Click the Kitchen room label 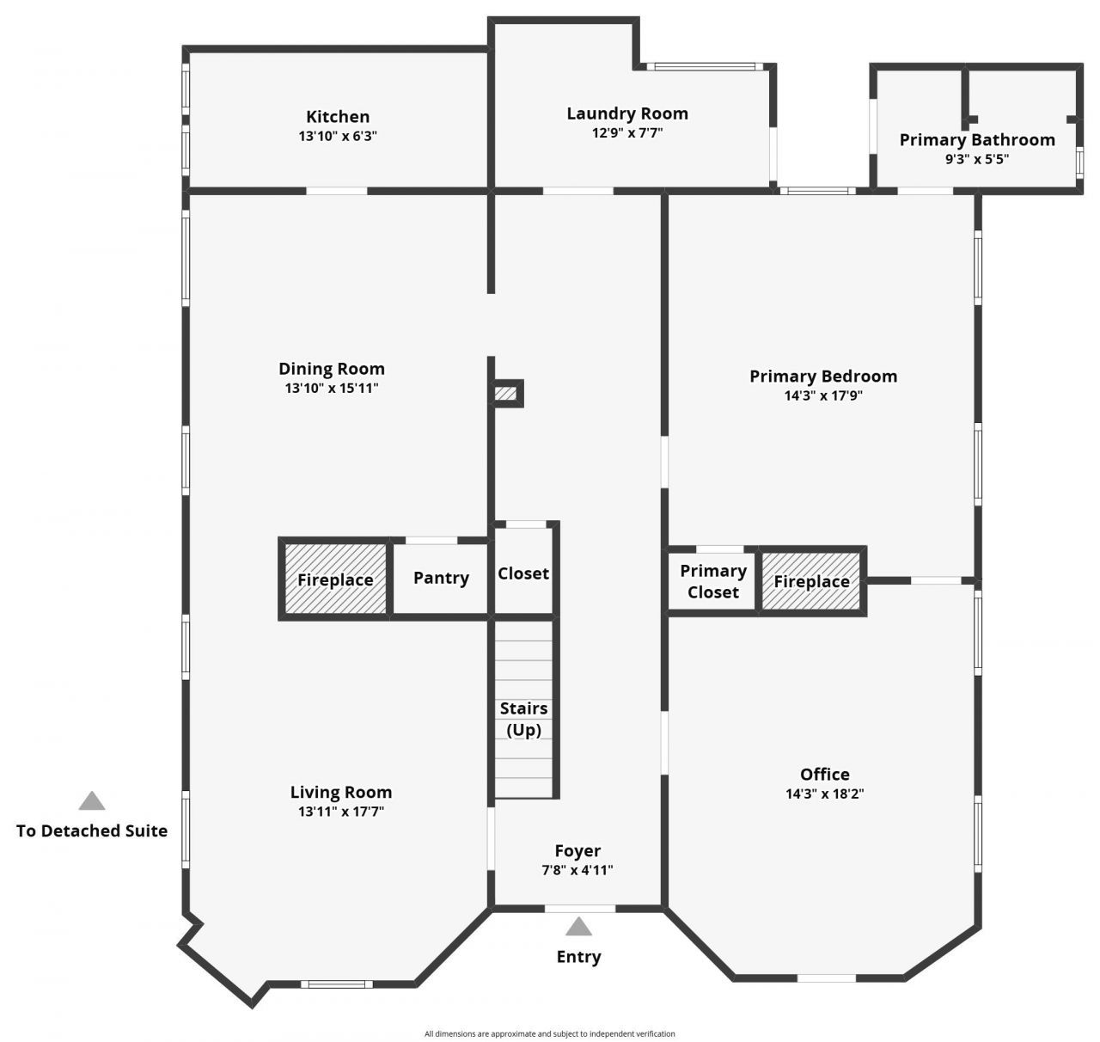click(x=338, y=117)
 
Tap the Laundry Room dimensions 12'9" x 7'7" click(x=627, y=132)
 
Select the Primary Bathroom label click(x=977, y=140)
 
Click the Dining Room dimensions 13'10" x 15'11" click(x=332, y=388)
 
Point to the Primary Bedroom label click(x=822, y=376)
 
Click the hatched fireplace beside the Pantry click(x=335, y=579)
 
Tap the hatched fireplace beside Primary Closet click(x=811, y=581)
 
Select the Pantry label click(x=441, y=578)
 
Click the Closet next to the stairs click(x=522, y=573)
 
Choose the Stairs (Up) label click(x=524, y=719)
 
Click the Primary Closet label click(x=712, y=581)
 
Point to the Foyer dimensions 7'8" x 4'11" click(x=577, y=869)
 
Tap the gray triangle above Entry click(x=578, y=927)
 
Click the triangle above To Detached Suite click(x=92, y=801)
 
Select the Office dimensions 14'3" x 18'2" click(x=824, y=794)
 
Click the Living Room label click(x=341, y=792)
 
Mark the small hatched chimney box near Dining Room click(x=505, y=394)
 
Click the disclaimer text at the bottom click(x=550, y=1033)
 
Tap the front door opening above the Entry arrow click(x=579, y=908)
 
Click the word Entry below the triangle click(x=578, y=956)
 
